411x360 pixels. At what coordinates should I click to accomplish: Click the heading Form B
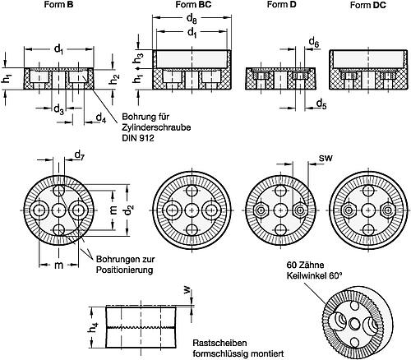pos(58,4)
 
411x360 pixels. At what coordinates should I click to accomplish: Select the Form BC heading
pos(193,4)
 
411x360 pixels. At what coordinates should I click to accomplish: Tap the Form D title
pos(282,4)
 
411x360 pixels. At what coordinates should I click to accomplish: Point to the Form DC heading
pos(368,5)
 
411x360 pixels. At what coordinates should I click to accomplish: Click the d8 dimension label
pos(192,19)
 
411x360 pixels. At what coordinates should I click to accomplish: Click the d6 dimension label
pos(314,43)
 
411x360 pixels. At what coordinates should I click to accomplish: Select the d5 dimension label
pos(321,104)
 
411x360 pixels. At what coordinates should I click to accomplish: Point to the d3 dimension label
pos(58,109)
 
